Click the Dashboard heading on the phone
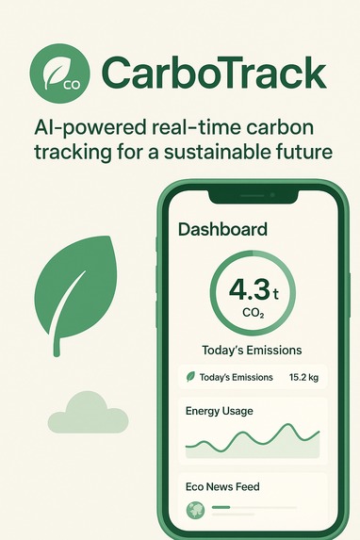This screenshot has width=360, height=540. [222, 229]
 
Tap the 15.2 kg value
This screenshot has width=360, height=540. [303, 377]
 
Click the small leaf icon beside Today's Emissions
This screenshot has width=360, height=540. [190, 377]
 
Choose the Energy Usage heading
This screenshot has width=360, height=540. [219, 411]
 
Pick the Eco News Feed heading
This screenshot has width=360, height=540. [222, 487]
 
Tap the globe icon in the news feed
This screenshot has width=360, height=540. [195, 511]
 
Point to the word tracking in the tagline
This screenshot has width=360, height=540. [69, 151]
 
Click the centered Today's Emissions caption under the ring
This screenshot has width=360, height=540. [252, 350]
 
